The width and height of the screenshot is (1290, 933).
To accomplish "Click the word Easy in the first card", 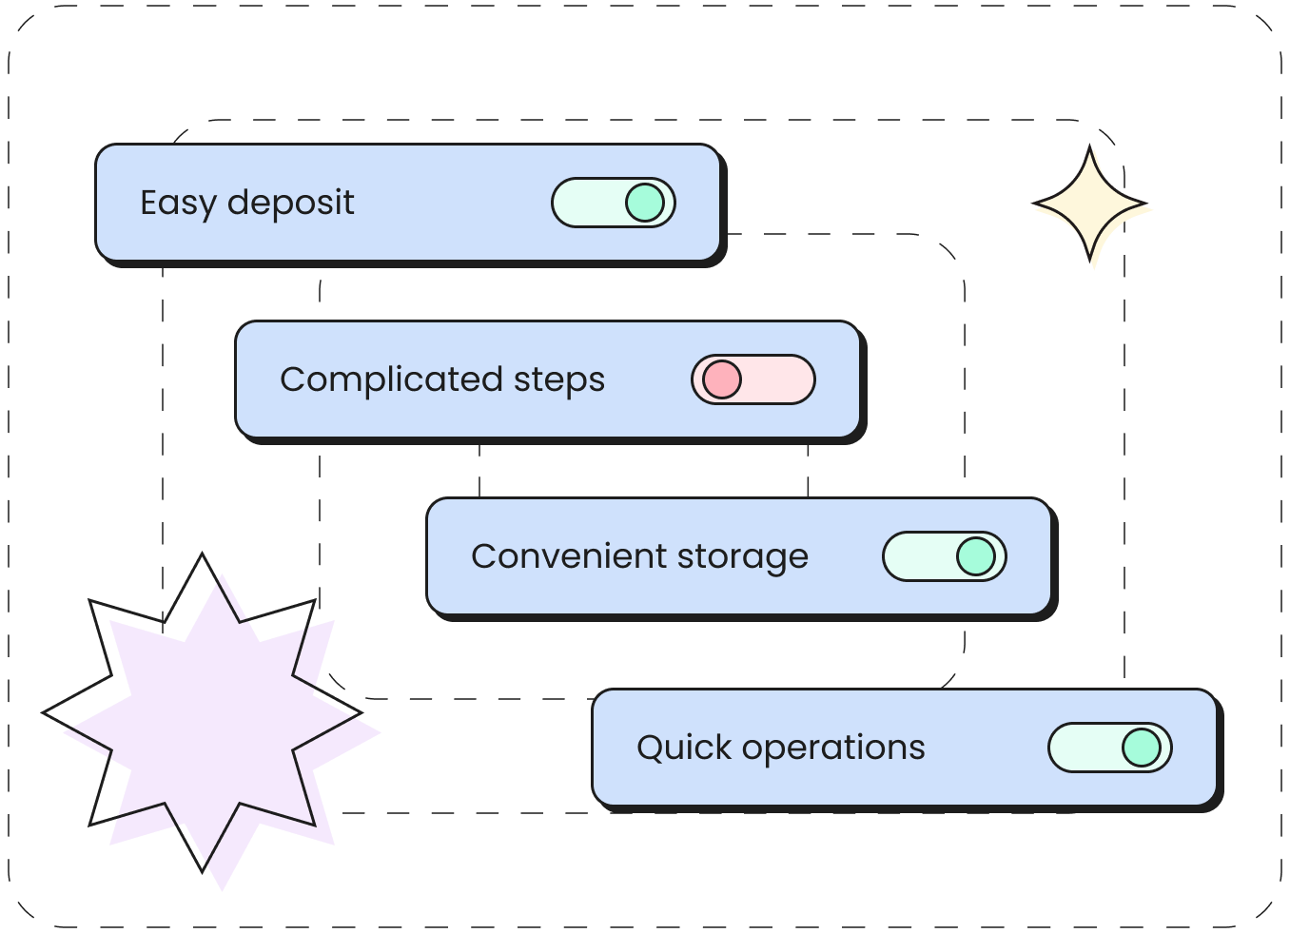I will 178,204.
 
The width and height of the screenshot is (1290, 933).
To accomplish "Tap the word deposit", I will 290,204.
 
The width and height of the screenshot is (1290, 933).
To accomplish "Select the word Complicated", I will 391,380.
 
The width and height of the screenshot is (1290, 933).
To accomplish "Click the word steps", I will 559,380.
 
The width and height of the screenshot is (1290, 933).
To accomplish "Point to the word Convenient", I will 569,556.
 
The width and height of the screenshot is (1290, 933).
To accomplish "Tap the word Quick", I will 684,748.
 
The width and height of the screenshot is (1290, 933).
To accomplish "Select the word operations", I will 833,748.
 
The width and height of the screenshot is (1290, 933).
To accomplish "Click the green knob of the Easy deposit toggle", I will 645,203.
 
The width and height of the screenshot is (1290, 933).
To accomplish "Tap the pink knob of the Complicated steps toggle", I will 722,379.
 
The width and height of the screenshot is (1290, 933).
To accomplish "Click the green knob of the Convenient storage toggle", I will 976,556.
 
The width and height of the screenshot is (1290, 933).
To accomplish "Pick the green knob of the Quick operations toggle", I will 1142,748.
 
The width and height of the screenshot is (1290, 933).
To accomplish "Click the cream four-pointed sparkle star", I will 1093,208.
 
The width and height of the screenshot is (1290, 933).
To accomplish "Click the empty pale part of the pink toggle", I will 775,379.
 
